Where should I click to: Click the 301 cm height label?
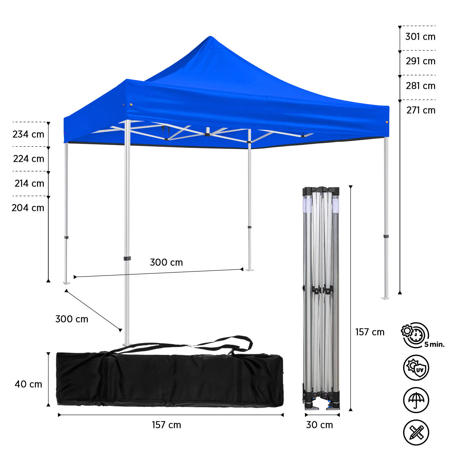coord(420,37)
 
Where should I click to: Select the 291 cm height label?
coord(421,61)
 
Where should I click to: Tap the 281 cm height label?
coord(421,86)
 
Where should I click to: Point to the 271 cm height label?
coord(421,110)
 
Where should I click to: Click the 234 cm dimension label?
coord(28,134)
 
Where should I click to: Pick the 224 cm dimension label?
coord(29,159)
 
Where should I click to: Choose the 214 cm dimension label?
coord(29,183)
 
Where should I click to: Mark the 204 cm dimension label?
coord(28,208)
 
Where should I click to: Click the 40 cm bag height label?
coord(28,384)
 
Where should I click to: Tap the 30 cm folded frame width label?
coord(320,425)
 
